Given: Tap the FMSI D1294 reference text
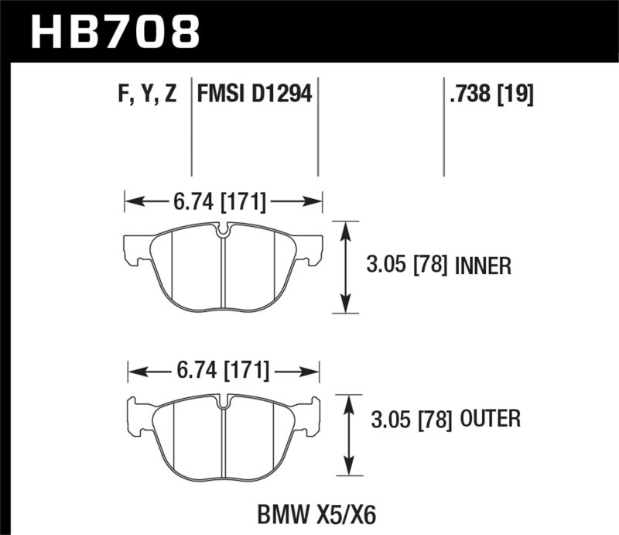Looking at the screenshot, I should (255, 94).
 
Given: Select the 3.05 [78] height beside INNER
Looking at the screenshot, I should (407, 267).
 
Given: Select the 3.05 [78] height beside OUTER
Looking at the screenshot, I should (407, 420).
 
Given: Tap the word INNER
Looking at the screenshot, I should (483, 267).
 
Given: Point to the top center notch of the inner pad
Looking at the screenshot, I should (223, 230).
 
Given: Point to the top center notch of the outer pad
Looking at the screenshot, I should (224, 401).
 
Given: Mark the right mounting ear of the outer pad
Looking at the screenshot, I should (308, 413).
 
